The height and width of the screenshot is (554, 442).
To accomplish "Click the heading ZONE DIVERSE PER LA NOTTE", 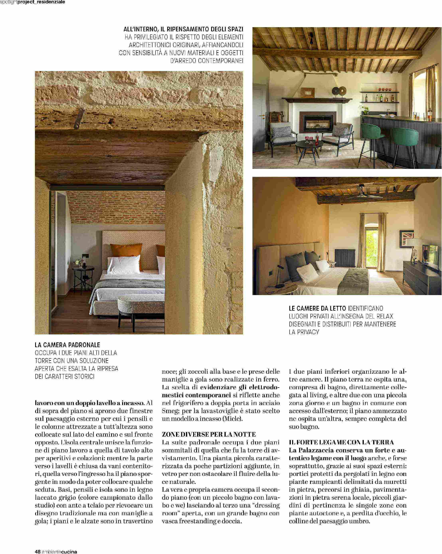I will click(x=209, y=434).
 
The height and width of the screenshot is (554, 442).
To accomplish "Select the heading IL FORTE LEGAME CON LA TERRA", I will click(x=341, y=442).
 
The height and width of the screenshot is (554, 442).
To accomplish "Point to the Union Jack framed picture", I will click(x=406, y=239).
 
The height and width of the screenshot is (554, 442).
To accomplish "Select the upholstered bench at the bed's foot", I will click(x=141, y=307).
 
